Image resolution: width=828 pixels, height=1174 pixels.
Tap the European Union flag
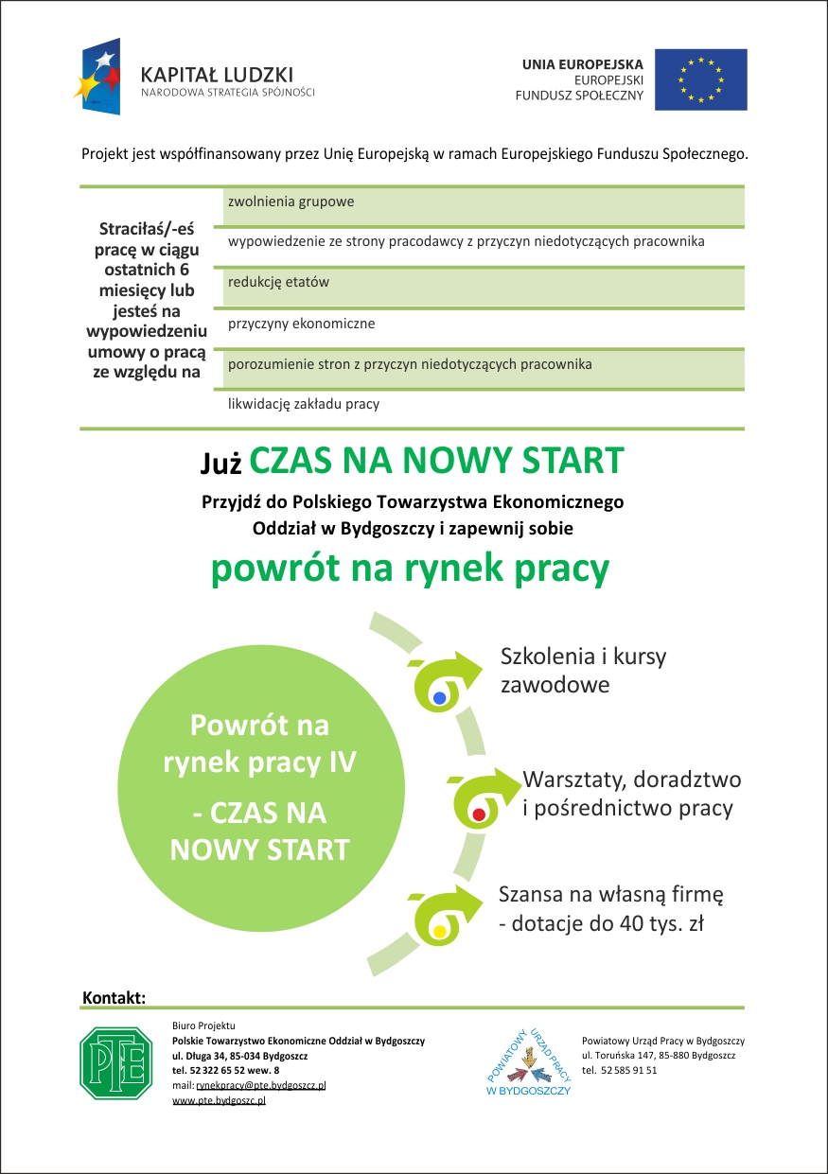pyautogui.click(x=701, y=79)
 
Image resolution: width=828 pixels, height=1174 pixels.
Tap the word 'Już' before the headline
pyautogui.click(x=221, y=463)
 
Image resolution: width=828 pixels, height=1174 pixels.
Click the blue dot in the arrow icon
pyautogui.click(x=439, y=698)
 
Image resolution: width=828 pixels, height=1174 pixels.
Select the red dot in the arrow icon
pyautogui.click(x=479, y=814)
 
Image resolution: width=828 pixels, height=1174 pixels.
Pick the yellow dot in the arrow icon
pyautogui.click(x=439, y=931)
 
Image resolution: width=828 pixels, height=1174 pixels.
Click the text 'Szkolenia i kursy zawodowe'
pyautogui.click(x=583, y=670)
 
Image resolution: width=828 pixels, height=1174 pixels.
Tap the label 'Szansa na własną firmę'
pyautogui.click(x=611, y=893)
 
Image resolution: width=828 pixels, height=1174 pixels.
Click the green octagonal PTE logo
pyautogui.click(x=115, y=1063)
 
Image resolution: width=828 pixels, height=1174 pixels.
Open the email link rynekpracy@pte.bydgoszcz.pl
pyautogui.click(x=260, y=1085)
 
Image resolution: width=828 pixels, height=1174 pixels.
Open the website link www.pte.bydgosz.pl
pyautogui.click(x=219, y=1101)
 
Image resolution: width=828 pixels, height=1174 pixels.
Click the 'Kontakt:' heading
pyautogui.click(x=114, y=998)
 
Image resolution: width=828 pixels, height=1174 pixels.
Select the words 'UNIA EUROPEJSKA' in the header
pyautogui.click(x=582, y=64)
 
